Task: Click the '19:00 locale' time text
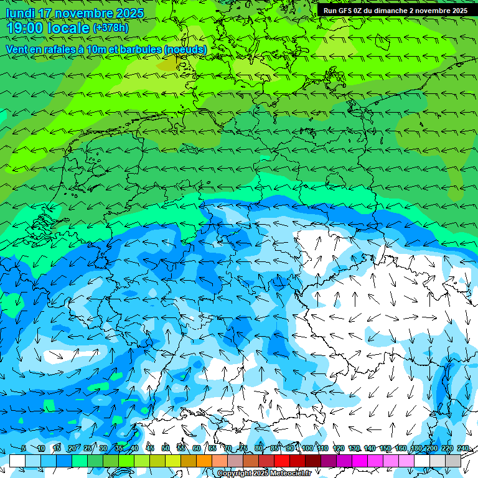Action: pyautogui.click(x=48, y=28)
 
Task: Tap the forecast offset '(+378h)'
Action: pyautogui.click(x=110, y=27)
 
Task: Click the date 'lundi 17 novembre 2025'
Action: pyautogui.click(x=75, y=13)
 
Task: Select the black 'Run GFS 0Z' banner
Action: pyautogui.click(x=395, y=11)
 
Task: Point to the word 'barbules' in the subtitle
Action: pyautogui.click(x=137, y=49)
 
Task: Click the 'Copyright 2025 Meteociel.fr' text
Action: pyautogui.click(x=264, y=474)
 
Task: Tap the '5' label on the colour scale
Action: pyautogui.click(x=23, y=449)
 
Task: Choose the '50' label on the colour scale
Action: pyautogui.click(x=166, y=449)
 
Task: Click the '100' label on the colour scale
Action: pyautogui.click(x=307, y=449)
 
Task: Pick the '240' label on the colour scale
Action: pyautogui.click(x=463, y=449)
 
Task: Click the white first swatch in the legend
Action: pyautogui.click(x=17, y=461)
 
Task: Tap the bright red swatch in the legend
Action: pyautogui.click(x=282, y=461)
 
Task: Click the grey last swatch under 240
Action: pyautogui.click(x=453, y=461)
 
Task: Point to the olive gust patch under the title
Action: pyautogui.click(x=167, y=63)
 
